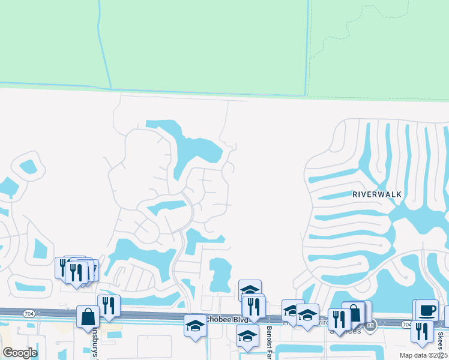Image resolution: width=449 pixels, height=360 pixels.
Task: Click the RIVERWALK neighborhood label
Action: pyautogui.click(x=377, y=194)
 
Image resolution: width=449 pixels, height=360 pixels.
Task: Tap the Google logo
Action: pyautogui.click(x=20, y=353)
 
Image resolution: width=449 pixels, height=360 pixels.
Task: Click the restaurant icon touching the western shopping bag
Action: pyautogui.click(x=108, y=305)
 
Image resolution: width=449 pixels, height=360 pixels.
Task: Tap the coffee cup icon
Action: pyautogui.click(x=427, y=310)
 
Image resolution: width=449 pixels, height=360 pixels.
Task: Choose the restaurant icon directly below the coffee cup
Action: pyautogui.click(x=422, y=331)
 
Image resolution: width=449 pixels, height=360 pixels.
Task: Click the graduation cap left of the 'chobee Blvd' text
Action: pyautogui.click(x=195, y=325)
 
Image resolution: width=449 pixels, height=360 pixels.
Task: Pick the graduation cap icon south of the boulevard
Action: pyautogui.click(x=247, y=337)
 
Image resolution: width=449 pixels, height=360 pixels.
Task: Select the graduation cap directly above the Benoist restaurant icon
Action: pyautogui.click(x=250, y=290)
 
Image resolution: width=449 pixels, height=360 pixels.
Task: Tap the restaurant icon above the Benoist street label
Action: pyautogui.click(x=254, y=307)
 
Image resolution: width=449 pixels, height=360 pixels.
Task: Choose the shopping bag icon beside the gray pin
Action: pyautogui.click(x=355, y=313)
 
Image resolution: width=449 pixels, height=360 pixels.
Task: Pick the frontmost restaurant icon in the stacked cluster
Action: pyautogui.click(x=76, y=273)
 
